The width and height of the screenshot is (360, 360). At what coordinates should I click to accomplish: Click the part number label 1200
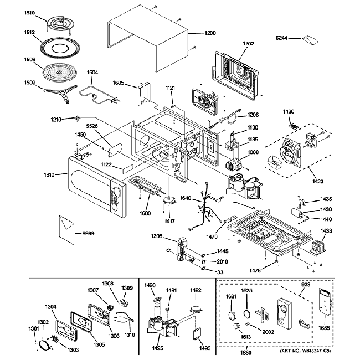[x=210, y=34]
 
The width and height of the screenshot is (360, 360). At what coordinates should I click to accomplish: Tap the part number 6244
[x=282, y=38]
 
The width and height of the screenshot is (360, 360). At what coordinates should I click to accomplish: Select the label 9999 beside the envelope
[x=88, y=233]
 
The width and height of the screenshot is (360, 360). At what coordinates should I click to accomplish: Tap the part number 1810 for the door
[x=49, y=175]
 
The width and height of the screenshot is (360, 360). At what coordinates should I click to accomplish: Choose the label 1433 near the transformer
[x=327, y=230]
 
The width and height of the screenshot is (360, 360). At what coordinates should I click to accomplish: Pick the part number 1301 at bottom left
[x=34, y=328]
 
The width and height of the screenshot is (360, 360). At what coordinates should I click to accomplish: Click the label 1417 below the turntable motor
[x=170, y=222]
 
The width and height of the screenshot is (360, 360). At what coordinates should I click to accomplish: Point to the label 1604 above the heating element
[x=92, y=72]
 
